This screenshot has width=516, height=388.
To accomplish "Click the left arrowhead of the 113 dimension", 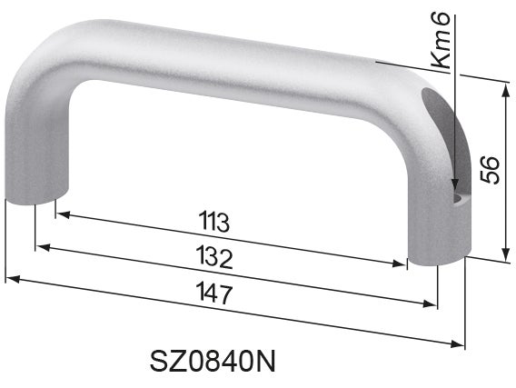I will pos(61,214).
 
